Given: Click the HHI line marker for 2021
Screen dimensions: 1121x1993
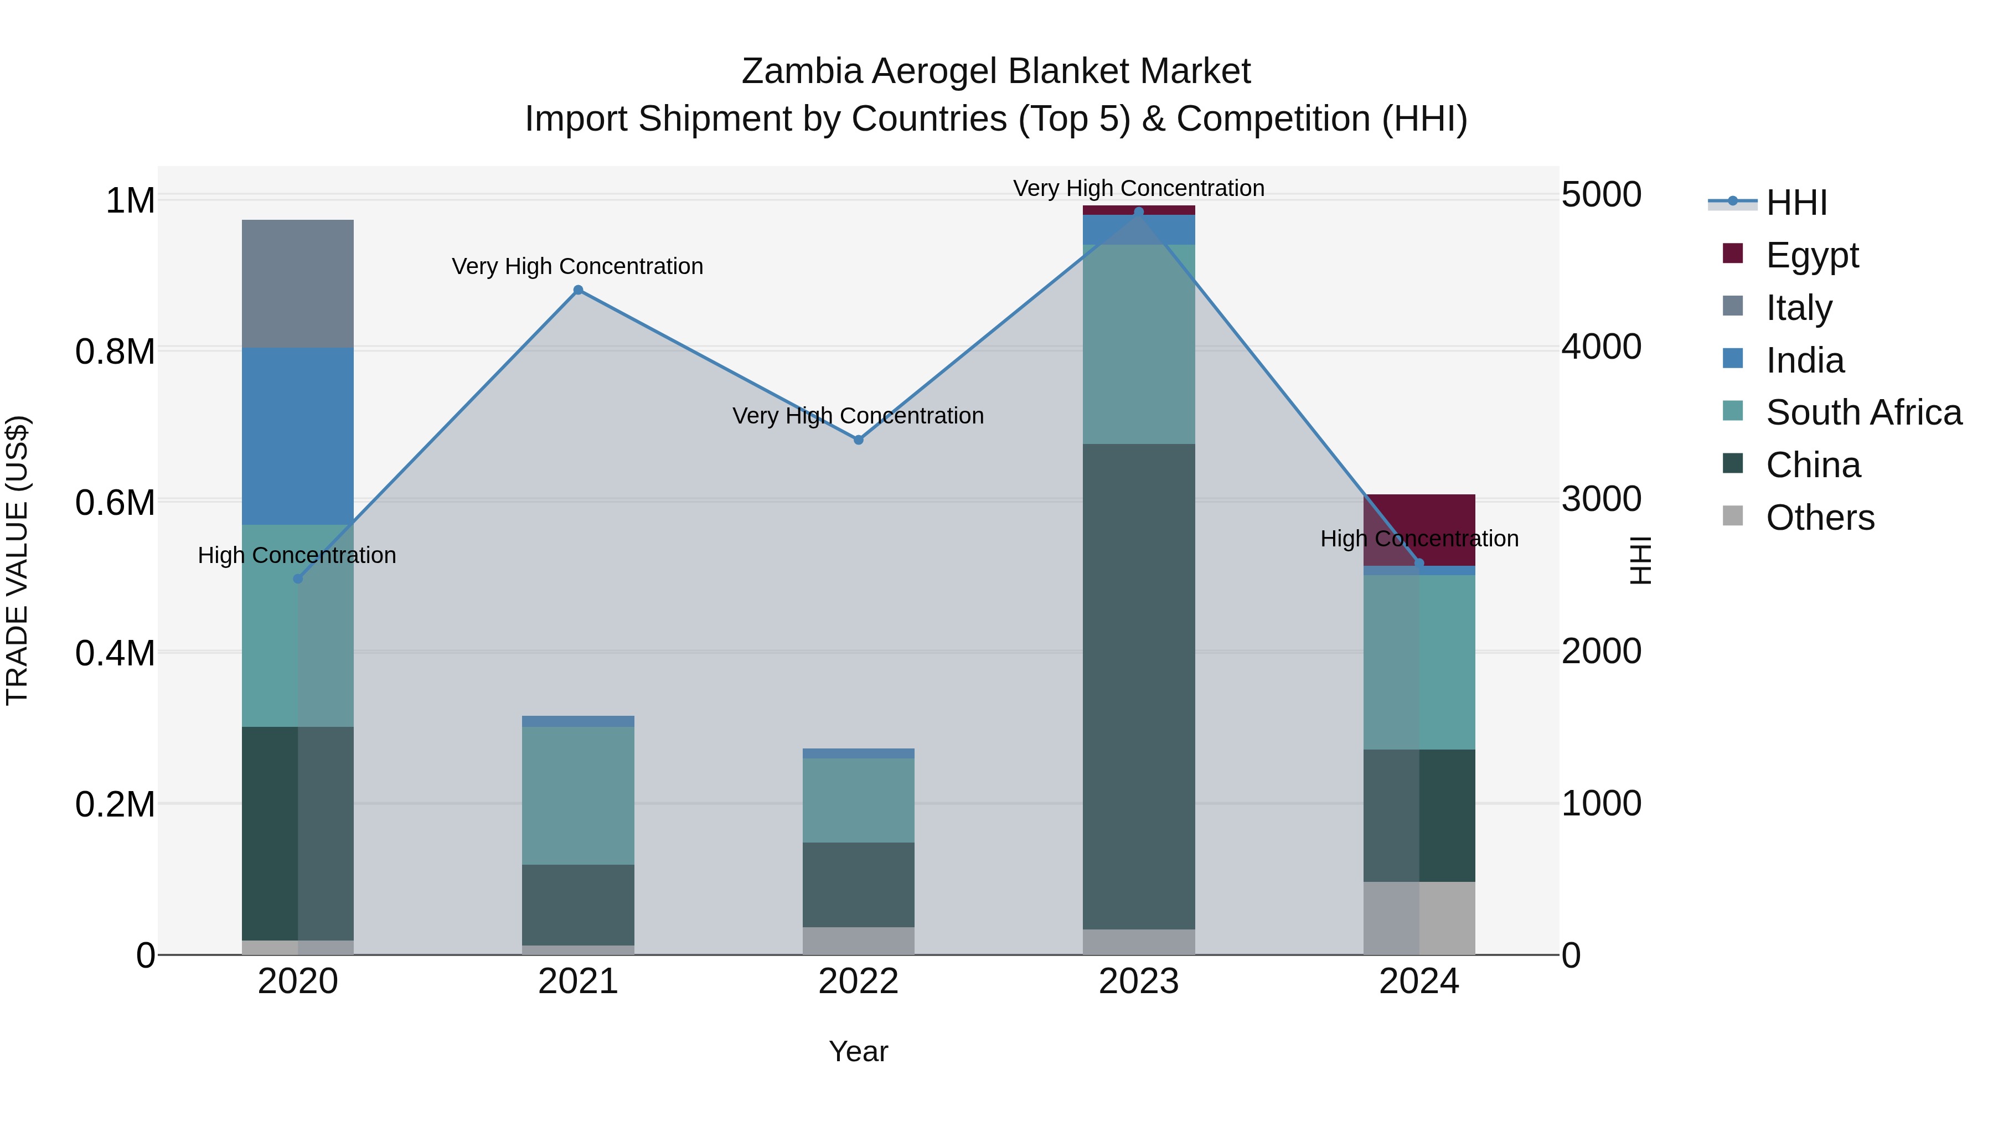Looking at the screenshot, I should pos(578,290).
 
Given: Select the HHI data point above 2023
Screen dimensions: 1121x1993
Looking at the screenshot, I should pos(1138,212).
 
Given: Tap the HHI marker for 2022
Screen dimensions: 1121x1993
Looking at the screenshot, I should pos(858,440).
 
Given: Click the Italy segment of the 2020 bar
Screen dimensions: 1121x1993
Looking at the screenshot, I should pos(298,284).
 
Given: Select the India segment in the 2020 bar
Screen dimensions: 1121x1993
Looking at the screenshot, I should pos(298,436).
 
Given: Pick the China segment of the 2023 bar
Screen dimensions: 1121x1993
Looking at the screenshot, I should pos(1138,686).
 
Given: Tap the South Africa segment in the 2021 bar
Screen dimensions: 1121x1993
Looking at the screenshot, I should pos(578,795).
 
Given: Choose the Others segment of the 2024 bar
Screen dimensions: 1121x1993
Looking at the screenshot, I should pos(1419,918).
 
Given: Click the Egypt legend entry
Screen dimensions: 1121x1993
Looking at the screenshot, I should pos(1811,255).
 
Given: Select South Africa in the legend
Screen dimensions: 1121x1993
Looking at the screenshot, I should pos(1863,412).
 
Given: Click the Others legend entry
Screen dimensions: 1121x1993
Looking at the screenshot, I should pos(1820,518).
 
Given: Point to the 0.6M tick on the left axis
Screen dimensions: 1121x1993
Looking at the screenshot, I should pos(115,503).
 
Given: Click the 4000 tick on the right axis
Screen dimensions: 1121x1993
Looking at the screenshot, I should pos(1600,347).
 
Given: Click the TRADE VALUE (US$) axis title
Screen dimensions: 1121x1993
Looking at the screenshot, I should pos(17,560).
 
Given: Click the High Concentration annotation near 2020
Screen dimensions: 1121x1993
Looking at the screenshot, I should pos(297,555).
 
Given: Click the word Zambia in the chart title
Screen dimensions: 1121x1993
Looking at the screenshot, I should pos(802,71).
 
